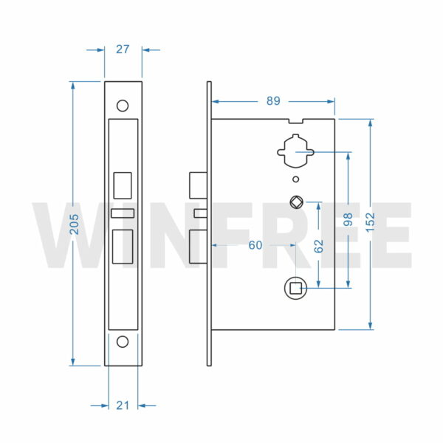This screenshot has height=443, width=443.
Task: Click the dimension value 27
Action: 123,49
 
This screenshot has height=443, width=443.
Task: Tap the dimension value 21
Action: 123,405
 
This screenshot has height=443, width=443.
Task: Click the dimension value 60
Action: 255,245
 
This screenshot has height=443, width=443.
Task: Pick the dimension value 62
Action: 319,245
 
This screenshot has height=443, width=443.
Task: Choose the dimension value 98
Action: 348,220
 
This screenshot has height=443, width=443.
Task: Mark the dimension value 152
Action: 370,220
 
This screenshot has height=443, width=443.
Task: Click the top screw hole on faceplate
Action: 123,105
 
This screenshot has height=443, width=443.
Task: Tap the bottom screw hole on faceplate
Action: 123,341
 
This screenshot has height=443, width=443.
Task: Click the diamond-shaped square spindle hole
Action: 295,201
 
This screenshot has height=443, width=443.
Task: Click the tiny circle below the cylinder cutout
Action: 295,179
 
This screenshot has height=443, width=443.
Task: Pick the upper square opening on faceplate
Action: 123,185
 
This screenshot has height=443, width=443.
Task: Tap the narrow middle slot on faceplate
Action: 123,213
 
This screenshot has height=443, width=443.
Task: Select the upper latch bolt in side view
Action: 198,185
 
